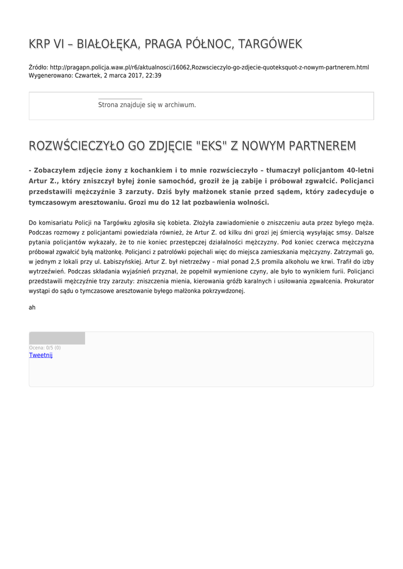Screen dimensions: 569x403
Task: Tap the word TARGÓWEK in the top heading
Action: pyautogui.click(x=269, y=43)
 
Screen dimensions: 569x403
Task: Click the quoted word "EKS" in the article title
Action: pyautogui.click(x=212, y=146)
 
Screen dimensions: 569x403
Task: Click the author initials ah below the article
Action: pyautogui.click(x=32, y=307)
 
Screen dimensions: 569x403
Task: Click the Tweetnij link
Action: pyautogui.click(x=41, y=355)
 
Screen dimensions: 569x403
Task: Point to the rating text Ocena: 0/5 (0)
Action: pyautogui.click(x=45, y=348)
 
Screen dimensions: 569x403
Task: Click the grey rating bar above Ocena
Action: pyautogui.click(x=57, y=338)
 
